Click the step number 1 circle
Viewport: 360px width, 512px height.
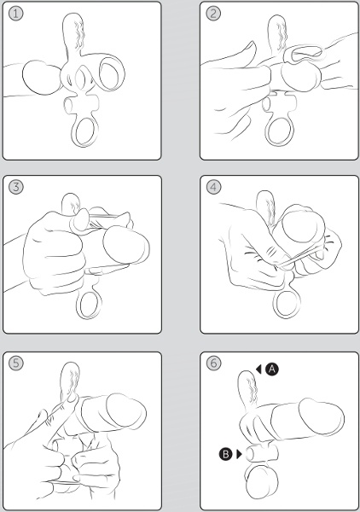point(15,14)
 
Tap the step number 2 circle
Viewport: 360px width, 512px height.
point(213,14)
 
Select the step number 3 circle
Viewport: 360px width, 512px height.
point(15,187)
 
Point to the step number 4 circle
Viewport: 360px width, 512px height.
point(213,187)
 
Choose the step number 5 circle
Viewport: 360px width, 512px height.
point(15,364)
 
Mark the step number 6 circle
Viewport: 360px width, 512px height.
point(213,364)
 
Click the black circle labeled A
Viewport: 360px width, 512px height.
point(271,369)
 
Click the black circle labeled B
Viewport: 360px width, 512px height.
point(225,454)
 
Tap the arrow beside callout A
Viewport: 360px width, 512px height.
point(258,369)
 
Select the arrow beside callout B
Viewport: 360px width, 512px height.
point(239,454)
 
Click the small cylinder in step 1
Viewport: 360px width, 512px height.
point(81,105)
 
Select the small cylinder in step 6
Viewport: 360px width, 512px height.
point(262,452)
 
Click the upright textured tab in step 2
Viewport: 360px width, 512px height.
point(277,32)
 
